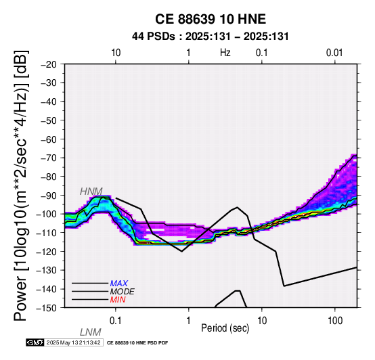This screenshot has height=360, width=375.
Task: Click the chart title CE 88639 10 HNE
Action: click(x=211, y=19)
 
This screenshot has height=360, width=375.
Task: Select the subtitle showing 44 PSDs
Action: click(x=211, y=37)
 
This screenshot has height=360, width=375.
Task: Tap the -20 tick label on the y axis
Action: click(x=49, y=64)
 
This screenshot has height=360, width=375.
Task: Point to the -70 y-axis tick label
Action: click(x=49, y=158)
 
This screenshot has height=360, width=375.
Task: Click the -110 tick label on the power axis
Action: click(x=47, y=233)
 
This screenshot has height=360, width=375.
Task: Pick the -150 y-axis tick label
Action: click(x=47, y=308)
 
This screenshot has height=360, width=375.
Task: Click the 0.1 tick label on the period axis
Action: click(x=116, y=321)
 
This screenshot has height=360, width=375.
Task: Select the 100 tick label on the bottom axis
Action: click(x=335, y=321)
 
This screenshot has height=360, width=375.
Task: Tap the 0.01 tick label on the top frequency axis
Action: click(x=334, y=53)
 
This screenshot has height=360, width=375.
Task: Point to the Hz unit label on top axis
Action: click(x=225, y=53)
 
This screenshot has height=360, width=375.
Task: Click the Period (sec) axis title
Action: click(x=225, y=328)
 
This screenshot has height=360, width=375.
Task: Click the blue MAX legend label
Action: click(x=119, y=284)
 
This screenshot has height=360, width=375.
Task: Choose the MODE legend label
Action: click(x=123, y=292)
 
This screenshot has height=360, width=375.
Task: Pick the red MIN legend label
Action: click(x=118, y=300)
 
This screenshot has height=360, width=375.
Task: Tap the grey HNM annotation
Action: click(x=91, y=192)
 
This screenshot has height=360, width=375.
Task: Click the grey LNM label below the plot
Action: click(x=91, y=332)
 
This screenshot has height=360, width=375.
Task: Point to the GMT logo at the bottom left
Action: click(x=35, y=342)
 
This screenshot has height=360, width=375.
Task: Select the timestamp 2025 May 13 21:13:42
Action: click(x=73, y=342)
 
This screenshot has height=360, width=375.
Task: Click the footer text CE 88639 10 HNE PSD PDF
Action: click(x=137, y=343)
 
